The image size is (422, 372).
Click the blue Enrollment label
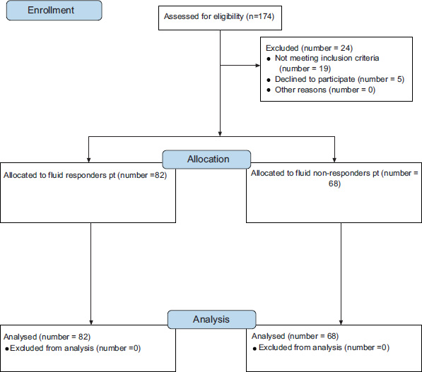(x=54, y=10)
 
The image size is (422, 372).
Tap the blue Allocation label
(x=206, y=159)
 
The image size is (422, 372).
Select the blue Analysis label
(x=211, y=319)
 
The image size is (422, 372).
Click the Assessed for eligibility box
(x=220, y=18)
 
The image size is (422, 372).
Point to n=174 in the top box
(x=259, y=16)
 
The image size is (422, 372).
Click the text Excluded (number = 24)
(x=309, y=48)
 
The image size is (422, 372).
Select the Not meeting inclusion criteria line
(x=327, y=58)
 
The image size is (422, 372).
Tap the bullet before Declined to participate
(x=269, y=80)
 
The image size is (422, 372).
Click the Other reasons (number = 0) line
(x=325, y=90)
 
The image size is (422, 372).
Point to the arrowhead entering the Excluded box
(x=258, y=66)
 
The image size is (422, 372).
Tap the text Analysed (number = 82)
(x=47, y=337)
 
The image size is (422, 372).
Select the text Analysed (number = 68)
(x=295, y=336)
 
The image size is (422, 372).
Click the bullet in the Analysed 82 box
(x=7, y=349)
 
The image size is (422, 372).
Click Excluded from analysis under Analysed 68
(x=300, y=347)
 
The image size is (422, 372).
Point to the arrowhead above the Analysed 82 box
(x=91, y=323)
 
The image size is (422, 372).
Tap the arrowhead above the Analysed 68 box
(x=341, y=323)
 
